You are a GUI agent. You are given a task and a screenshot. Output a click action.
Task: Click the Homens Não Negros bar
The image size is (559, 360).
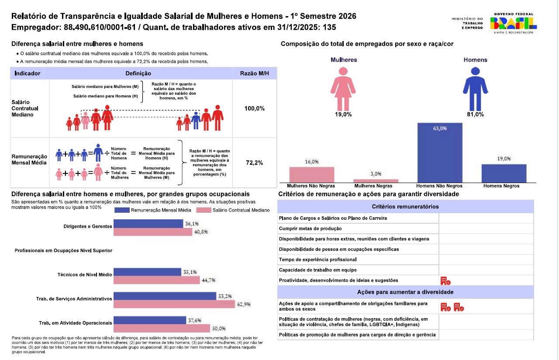[x=440, y=152]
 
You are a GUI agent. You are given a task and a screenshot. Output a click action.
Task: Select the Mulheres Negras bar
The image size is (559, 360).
[x=376, y=180]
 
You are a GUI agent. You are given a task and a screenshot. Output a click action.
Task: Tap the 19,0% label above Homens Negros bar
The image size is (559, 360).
[x=504, y=159]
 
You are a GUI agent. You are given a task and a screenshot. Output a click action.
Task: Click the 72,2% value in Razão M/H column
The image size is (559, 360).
[x=255, y=163]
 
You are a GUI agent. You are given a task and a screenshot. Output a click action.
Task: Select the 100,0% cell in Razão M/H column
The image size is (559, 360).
[x=255, y=108]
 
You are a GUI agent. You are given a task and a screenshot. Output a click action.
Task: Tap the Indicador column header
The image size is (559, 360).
[x=28, y=73]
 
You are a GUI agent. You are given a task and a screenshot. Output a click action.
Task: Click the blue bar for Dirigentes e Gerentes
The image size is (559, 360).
[x=148, y=224]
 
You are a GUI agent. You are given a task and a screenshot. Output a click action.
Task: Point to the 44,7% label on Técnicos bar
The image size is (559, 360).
[x=208, y=280]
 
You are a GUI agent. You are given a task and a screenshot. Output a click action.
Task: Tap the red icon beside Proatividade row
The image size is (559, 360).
[x=445, y=280]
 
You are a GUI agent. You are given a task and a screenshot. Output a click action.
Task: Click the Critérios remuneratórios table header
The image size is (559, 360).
[x=405, y=207]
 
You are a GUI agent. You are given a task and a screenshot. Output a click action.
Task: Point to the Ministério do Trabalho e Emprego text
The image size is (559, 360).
[x=467, y=23]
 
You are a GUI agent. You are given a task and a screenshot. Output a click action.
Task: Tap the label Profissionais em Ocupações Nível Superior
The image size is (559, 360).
[x=63, y=250]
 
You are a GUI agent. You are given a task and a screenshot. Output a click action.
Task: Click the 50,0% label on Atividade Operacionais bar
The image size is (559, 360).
[x=218, y=328]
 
